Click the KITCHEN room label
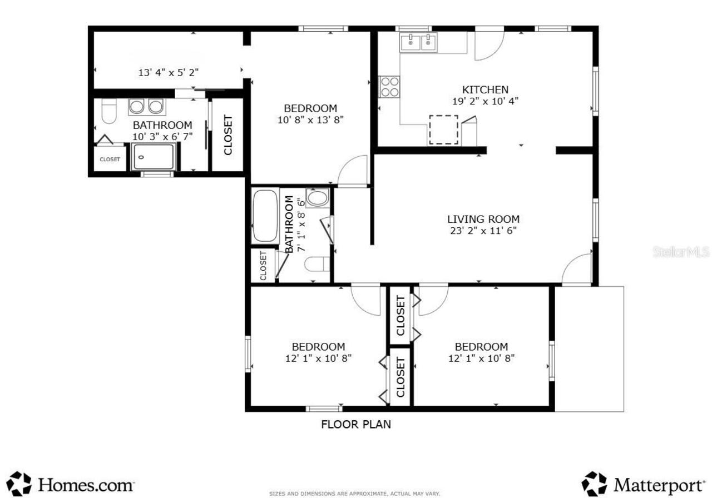[485, 89]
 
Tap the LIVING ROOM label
[483, 219]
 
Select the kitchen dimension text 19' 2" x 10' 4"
[486, 101]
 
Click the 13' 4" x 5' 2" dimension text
[169, 73]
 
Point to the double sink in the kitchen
[419, 42]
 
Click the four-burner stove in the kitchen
[390, 87]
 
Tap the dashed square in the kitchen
[444, 130]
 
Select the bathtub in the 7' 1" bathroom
[265, 216]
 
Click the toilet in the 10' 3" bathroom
[108, 111]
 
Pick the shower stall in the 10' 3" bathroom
[154, 157]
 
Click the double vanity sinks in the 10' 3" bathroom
[146, 107]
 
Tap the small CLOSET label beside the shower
[110, 160]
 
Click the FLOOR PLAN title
[356, 425]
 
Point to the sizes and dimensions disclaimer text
[354, 494]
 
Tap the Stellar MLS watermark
[681, 252]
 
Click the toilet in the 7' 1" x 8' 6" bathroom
[317, 264]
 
